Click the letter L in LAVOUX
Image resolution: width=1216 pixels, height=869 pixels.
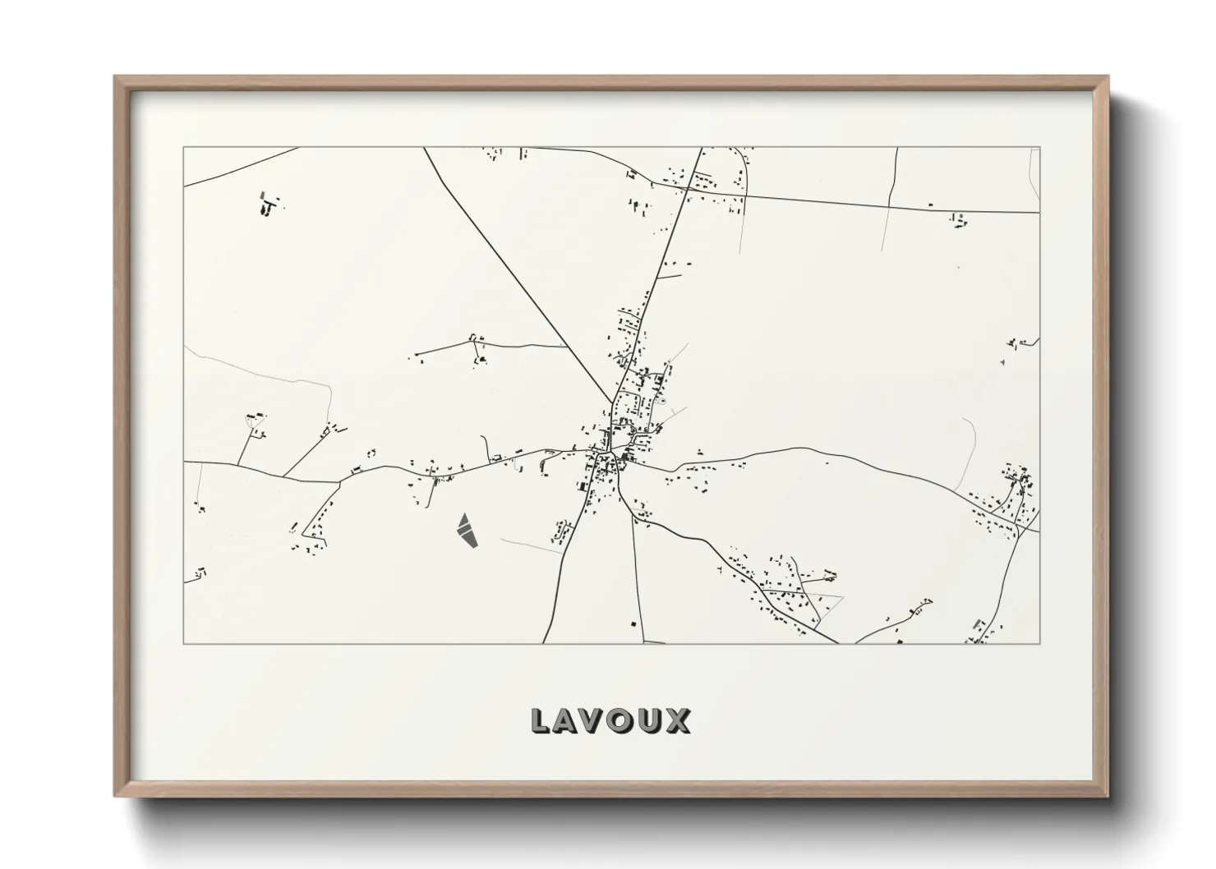point(541,720)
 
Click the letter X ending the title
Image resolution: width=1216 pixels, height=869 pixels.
point(677,720)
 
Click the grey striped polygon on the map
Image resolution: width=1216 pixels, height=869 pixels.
point(466,529)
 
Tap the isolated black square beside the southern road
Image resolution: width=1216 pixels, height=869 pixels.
point(633,625)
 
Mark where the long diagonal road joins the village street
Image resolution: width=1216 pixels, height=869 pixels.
point(612,403)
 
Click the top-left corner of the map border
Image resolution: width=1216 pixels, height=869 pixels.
point(184,148)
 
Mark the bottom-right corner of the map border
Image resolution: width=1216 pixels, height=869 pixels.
point(1039,644)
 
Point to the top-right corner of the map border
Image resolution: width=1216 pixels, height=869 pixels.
point(1039,148)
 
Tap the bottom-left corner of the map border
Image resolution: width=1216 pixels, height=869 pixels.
point(184,644)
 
